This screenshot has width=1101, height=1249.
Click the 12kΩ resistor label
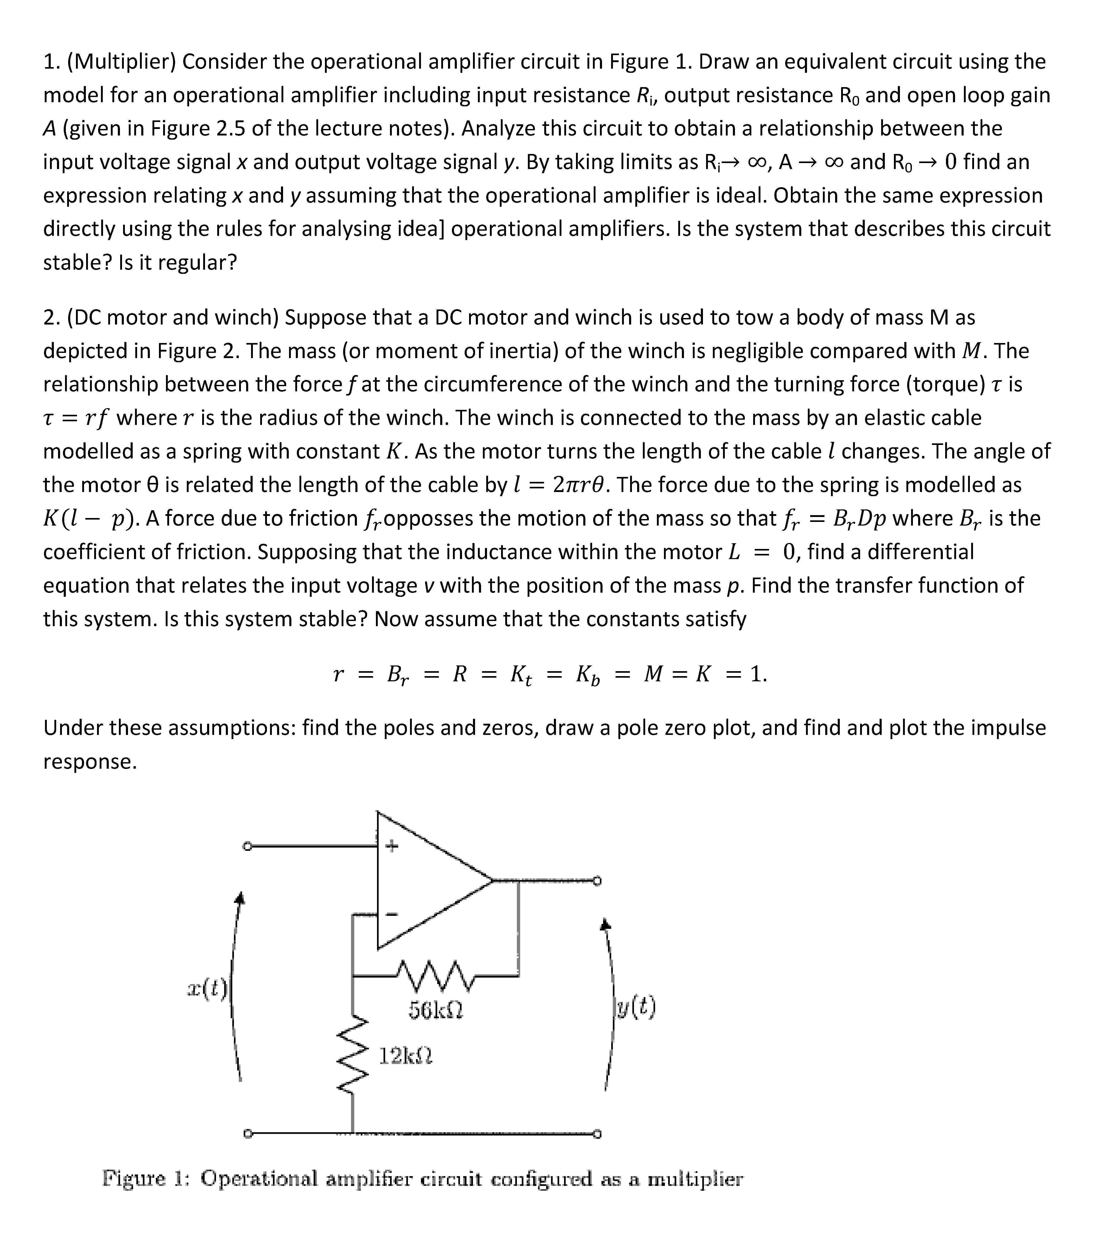coord(405,1055)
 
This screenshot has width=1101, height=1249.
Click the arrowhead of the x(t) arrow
coord(241,897)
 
